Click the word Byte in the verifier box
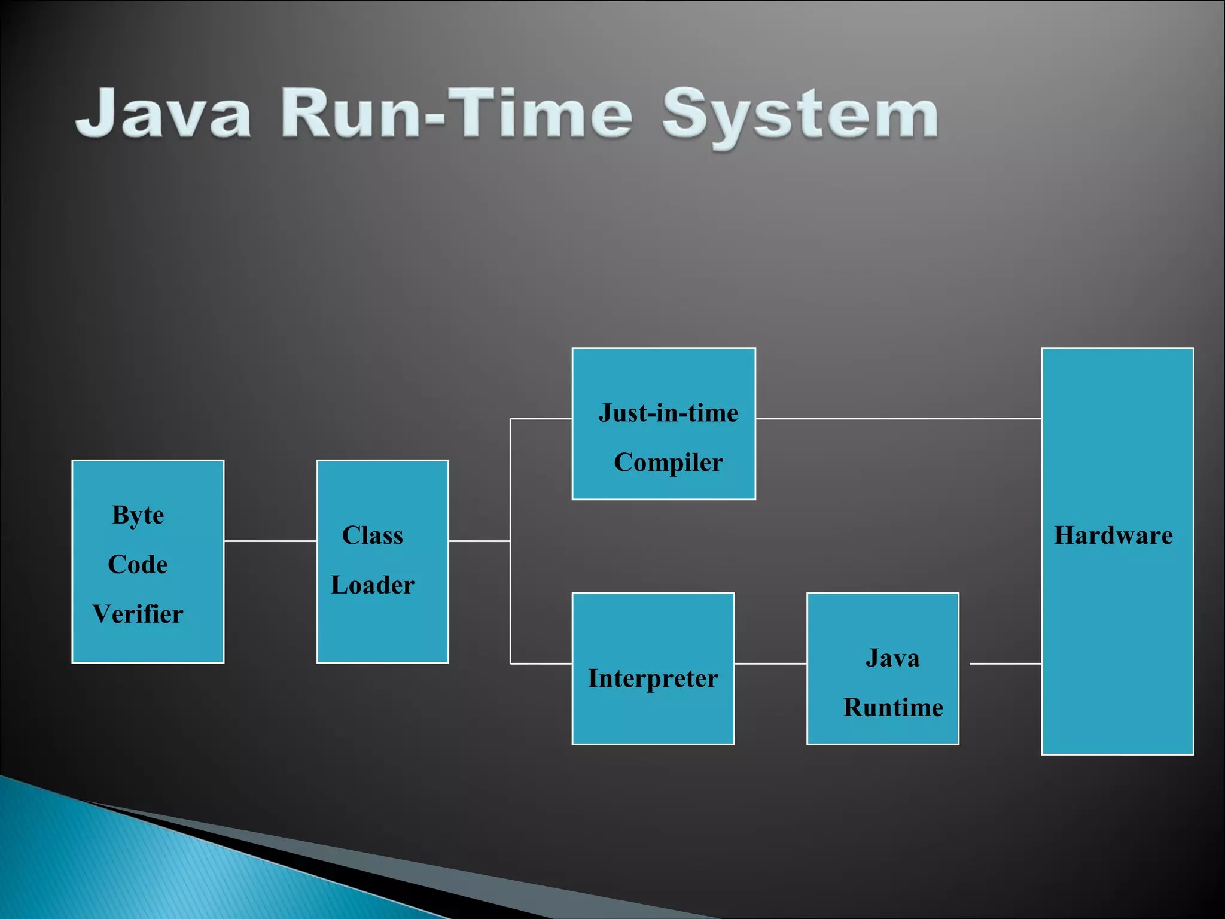pyautogui.click(x=138, y=516)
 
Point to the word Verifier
pyautogui.click(x=138, y=614)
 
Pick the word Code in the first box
pyautogui.click(x=138, y=565)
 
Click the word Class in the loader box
pyautogui.click(x=372, y=535)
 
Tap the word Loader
pyautogui.click(x=372, y=585)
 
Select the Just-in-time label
pyautogui.click(x=668, y=413)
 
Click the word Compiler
pyautogui.click(x=668, y=462)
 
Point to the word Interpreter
pyautogui.click(x=653, y=678)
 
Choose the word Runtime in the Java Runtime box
pyautogui.click(x=893, y=708)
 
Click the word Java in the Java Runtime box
pyautogui.click(x=892, y=658)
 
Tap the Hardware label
pyautogui.click(x=1113, y=535)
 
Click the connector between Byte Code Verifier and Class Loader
pyautogui.click(x=270, y=541)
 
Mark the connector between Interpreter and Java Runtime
pyautogui.click(x=770, y=664)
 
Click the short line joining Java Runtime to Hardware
pyautogui.click(x=1005, y=664)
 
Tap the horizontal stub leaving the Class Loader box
pyautogui.click(x=479, y=541)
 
